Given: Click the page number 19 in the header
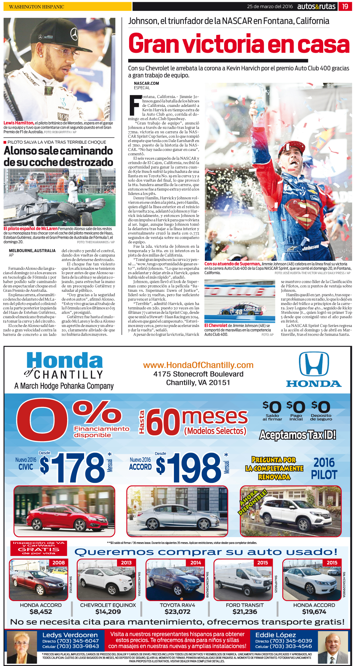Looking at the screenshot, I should (x=345, y=6).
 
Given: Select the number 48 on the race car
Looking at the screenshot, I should (x=239, y=311).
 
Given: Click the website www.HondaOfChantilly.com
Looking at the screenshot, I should (x=198, y=365).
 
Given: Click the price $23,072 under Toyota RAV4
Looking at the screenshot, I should (x=177, y=612).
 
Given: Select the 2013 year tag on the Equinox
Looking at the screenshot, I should (x=126, y=562).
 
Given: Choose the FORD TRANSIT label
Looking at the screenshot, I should (x=245, y=605).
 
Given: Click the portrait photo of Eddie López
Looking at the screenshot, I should (x=333, y=647).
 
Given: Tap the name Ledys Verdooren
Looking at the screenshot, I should (x=70, y=635).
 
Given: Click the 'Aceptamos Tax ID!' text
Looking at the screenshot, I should (x=298, y=435).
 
